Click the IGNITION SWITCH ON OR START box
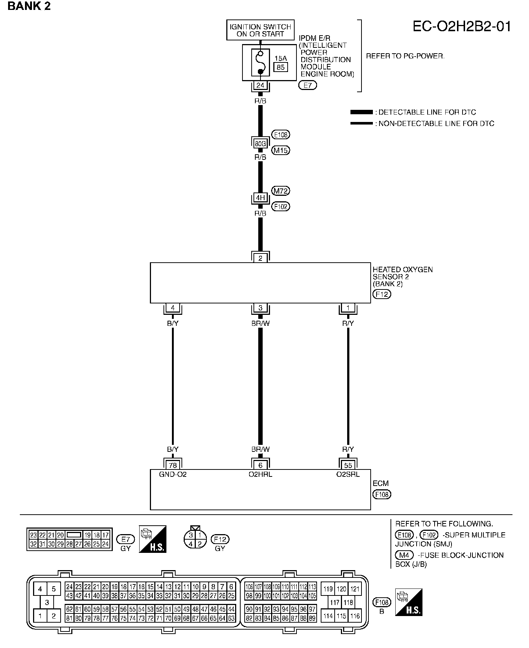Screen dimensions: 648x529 coord(260,30)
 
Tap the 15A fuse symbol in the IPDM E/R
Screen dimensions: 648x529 coord(260,62)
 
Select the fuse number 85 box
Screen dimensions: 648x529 coord(280,67)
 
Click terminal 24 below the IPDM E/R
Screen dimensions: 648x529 coord(260,86)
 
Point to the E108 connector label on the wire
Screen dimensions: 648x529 coord(280,135)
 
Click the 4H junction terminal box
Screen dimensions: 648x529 coord(260,198)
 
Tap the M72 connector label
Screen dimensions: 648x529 coord(280,191)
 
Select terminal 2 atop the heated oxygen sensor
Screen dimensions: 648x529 coord(260,258)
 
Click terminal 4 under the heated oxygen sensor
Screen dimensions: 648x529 coord(173,308)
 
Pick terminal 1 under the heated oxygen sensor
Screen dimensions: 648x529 coord(348,308)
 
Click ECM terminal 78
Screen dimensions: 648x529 coord(173,465)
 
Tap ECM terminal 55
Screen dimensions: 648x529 coord(348,465)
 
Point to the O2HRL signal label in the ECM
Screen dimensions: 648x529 coord(260,474)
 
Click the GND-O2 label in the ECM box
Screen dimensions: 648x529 coord(173,474)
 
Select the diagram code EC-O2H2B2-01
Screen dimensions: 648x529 coord(462,27)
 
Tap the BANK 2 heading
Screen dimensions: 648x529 coord(29,6)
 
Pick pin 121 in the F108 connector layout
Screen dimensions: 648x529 coord(355,589)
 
